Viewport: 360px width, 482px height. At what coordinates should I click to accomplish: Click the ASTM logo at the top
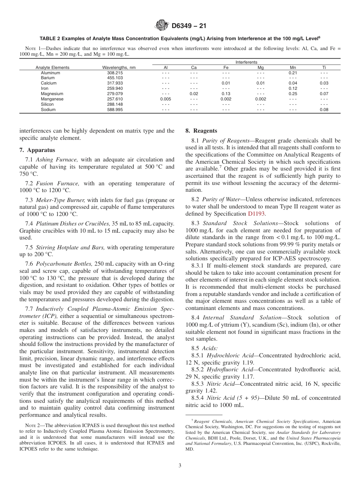162,26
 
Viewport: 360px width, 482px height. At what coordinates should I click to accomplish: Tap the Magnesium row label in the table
52,94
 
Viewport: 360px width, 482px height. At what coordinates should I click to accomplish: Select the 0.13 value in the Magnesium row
226,94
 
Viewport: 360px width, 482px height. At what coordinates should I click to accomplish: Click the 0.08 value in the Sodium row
324,110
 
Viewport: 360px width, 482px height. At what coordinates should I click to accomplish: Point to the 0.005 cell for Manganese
166,99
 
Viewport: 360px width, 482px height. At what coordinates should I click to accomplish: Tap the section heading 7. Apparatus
37,150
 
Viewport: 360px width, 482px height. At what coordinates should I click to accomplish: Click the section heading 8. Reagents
201,131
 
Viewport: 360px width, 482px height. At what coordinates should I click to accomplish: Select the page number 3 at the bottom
180,466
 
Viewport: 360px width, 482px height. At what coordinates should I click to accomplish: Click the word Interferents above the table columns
246,62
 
